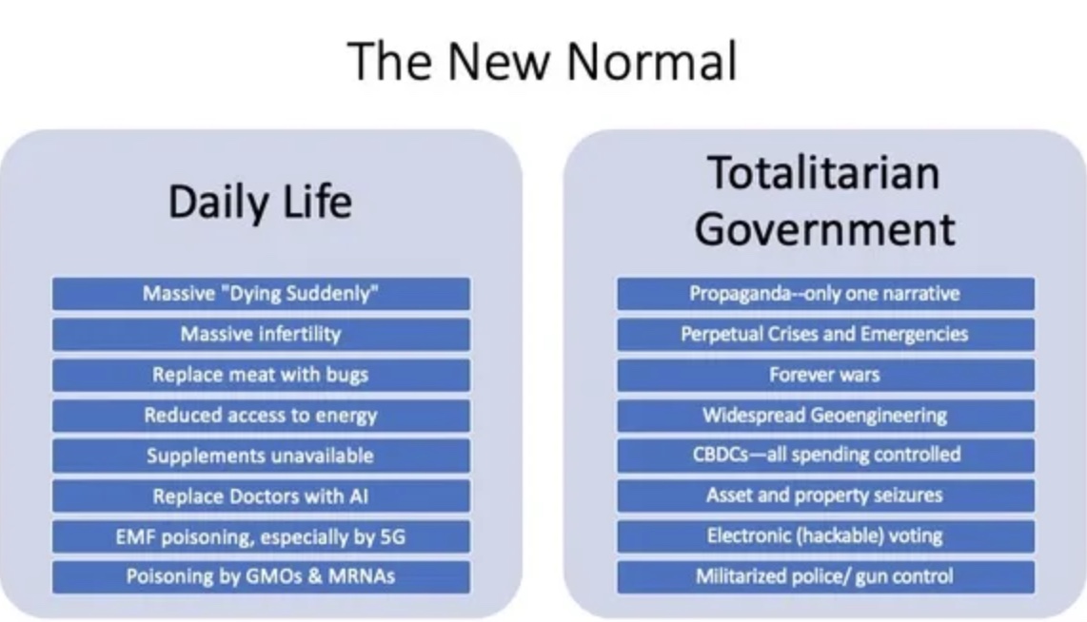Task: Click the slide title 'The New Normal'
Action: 543,61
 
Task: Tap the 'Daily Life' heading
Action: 261,203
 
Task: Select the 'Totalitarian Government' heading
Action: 825,200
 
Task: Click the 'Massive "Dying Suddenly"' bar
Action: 262,294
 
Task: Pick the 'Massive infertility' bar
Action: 262,335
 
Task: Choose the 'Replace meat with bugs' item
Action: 262,375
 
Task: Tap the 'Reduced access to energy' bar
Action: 262,416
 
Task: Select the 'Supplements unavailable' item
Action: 262,456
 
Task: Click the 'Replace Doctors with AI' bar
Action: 262,496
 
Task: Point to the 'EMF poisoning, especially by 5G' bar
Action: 262,536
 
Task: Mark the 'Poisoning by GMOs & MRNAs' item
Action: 262,577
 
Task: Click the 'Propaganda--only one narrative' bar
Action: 825,294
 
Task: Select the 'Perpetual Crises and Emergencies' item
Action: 825,335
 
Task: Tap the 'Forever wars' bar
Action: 825,375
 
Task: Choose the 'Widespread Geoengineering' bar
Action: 825,416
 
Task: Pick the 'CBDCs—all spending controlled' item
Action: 825,455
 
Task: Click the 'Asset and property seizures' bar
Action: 825,496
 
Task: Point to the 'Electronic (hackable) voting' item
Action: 825,536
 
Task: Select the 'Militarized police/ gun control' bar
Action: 825,577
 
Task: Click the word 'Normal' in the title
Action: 652,61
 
